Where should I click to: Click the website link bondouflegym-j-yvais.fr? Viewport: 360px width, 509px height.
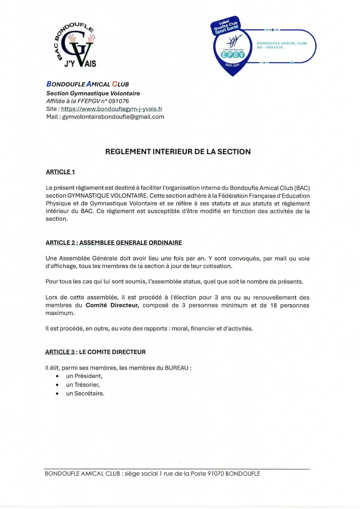pos(112,109)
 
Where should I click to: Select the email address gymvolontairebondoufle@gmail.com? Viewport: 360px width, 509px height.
pos(113,117)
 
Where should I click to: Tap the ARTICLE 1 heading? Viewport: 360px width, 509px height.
pos(60,172)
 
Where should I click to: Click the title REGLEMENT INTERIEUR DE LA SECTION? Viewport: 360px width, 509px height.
pos(178,152)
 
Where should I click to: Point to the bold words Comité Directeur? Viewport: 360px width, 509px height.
pos(112,305)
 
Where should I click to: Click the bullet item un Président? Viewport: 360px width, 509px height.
pos(84,376)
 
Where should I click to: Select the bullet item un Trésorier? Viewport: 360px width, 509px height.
pos(83,385)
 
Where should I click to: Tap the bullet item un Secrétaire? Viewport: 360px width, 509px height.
pos(85,394)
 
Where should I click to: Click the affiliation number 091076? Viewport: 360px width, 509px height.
pos(119,101)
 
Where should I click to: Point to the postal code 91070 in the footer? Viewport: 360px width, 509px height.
pos(216,474)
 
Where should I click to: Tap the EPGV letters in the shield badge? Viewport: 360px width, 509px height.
pos(233,55)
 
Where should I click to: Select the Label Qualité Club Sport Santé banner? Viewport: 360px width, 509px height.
pos(226,26)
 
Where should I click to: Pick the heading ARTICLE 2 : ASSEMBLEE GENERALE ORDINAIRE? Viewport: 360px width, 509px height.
pos(114,243)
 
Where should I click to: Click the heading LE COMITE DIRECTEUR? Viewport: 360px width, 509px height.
pos(112,352)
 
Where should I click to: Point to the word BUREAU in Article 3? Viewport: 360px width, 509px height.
pos(177,368)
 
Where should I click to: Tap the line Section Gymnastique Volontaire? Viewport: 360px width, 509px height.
pos(93,94)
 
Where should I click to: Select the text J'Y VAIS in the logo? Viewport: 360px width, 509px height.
pos(80,64)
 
